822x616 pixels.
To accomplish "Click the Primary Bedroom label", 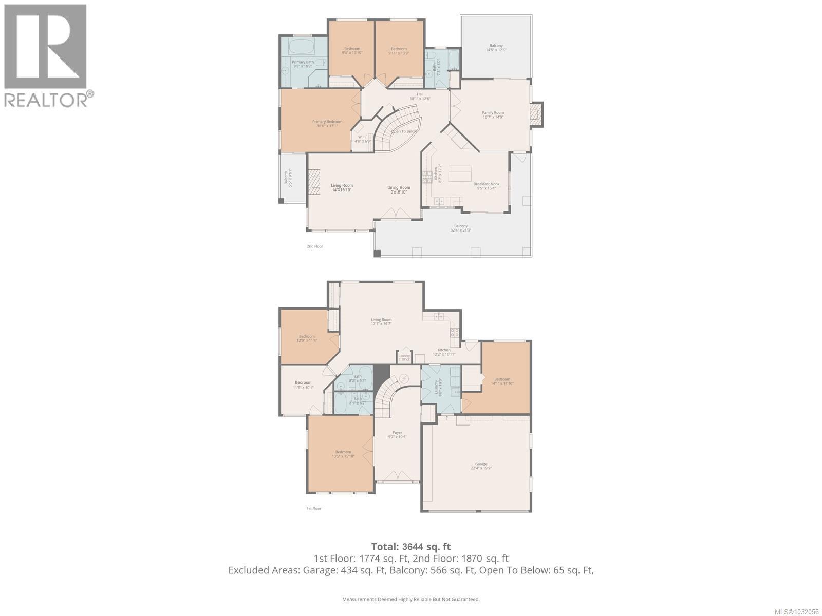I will coord(327,124).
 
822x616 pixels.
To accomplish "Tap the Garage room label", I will coord(481,466).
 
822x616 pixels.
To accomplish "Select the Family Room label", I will coord(493,115).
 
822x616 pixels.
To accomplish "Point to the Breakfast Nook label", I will coord(486,186).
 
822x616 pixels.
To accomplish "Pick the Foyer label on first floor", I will coord(397,435).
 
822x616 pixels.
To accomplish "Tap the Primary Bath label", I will coord(303,64).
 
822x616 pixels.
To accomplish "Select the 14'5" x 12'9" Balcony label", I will coord(496,48).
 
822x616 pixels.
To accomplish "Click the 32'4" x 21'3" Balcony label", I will coord(460,228).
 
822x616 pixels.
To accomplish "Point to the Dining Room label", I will coord(399,189).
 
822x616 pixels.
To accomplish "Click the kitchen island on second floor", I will coord(460,174).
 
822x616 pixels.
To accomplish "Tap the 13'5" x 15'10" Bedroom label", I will coord(343,454).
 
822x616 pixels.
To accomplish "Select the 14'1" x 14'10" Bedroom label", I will coord(502,381).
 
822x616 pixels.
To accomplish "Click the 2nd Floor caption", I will coord(315,246).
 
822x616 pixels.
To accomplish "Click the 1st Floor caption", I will coord(314,508).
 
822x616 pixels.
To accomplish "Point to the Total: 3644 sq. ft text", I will coord(410,547).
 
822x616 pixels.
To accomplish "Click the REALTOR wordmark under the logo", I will coord(46,100).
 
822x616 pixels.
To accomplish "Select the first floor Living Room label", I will coord(381,322).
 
